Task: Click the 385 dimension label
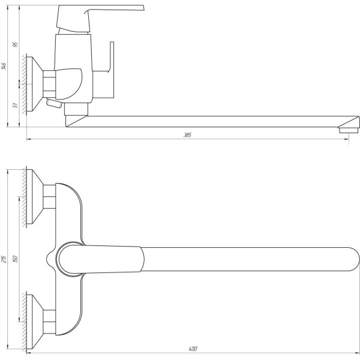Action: (x=187, y=135)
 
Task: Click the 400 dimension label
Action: (x=193, y=349)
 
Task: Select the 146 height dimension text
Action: (x=4, y=66)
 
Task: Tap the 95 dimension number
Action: (x=16, y=44)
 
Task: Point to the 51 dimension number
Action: (x=16, y=105)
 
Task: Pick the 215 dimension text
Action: (x=4, y=259)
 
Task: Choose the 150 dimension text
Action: (x=16, y=259)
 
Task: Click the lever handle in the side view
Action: (x=100, y=18)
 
